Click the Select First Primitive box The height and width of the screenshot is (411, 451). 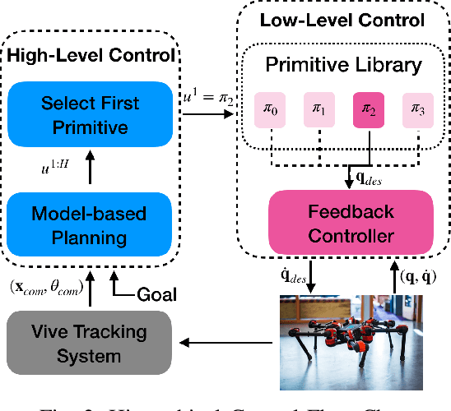coord(91,115)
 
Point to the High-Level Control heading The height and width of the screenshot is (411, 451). coord(91,57)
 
